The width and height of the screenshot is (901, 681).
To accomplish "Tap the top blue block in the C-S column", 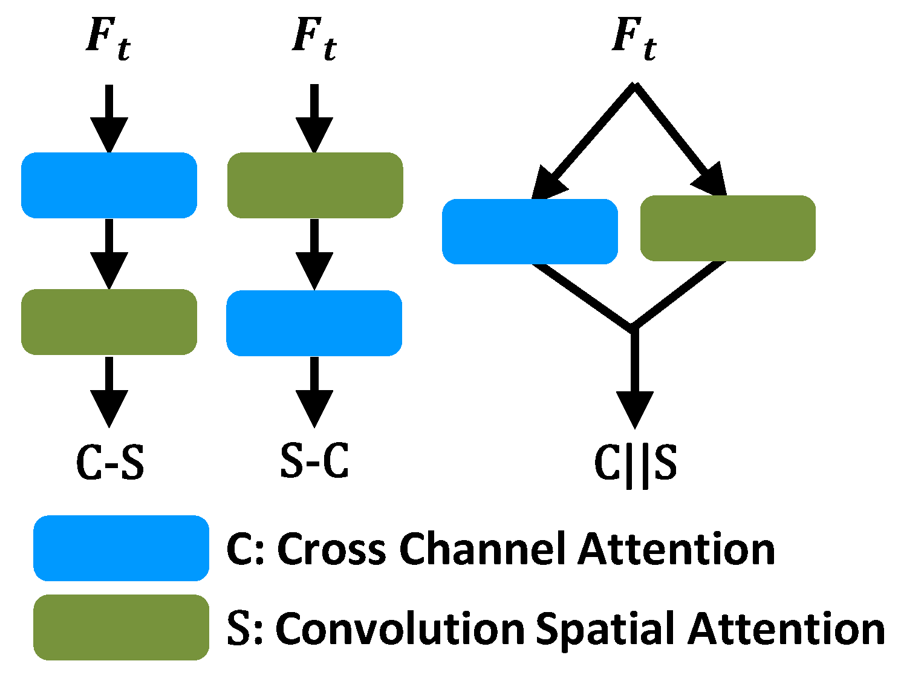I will coord(109,185).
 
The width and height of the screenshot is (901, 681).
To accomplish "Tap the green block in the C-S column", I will coord(109,322).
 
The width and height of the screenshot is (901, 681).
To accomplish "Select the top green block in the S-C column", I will coord(314,185).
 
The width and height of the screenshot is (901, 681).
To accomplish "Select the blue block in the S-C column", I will coord(314,323).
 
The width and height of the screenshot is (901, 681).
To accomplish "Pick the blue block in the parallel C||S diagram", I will coord(530,231).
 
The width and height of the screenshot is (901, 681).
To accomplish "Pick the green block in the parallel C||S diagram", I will coord(727,228).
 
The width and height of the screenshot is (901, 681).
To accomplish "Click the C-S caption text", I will coord(110,463).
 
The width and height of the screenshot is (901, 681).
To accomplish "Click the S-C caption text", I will coord(314,461).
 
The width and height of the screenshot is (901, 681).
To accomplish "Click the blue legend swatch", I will coord(121,548).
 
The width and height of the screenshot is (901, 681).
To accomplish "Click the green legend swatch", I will coord(121,627).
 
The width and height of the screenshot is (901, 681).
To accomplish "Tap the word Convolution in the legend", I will coord(399,629).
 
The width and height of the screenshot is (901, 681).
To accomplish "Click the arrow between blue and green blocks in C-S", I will coord(109,254).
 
